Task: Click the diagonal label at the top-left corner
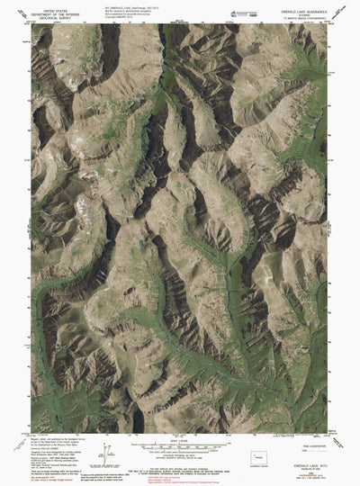coord(24,24)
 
